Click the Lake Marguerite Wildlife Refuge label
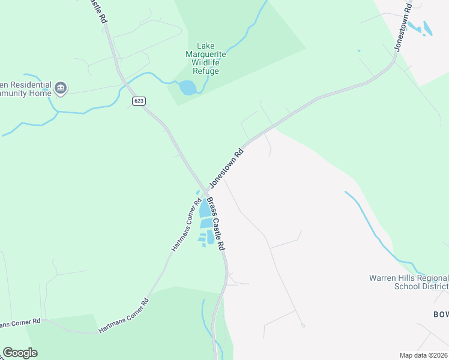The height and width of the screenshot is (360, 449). pyautogui.click(x=206, y=58)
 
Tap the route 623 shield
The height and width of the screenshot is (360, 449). pyautogui.click(x=139, y=101)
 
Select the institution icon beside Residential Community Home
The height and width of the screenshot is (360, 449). pyautogui.click(x=60, y=89)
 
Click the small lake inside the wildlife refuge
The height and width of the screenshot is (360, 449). pyautogui.click(x=187, y=88)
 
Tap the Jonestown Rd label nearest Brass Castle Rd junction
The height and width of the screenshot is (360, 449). pyautogui.click(x=227, y=169)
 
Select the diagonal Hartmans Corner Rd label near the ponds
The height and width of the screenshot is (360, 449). pyautogui.click(x=185, y=226)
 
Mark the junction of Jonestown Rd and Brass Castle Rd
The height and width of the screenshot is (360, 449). pyautogui.click(x=206, y=191)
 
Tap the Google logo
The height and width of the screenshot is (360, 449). pyautogui.click(x=20, y=353)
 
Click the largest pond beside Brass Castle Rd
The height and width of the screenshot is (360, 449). pyautogui.click(x=205, y=208)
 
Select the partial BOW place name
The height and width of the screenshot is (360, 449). pyautogui.click(x=441, y=314)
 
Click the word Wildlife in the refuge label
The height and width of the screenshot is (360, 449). pyautogui.click(x=205, y=62)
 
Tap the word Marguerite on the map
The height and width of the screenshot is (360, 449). pyautogui.click(x=206, y=54)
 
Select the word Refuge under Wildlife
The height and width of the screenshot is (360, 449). pyautogui.click(x=206, y=71)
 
